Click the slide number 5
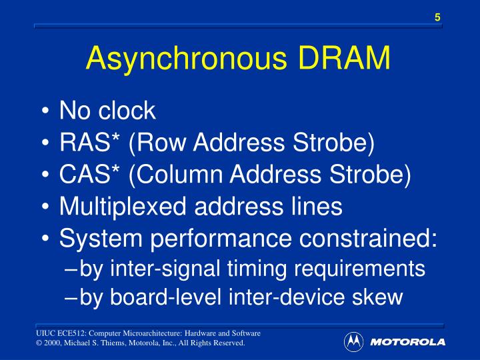click(x=437, y=17)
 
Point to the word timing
click(x=254, y=269)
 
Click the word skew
click(x=378, y=297)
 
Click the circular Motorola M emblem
click(x=353, y=342)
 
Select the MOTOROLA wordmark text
click(x=407, y=343)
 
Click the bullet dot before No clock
click(x=46, y=112)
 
